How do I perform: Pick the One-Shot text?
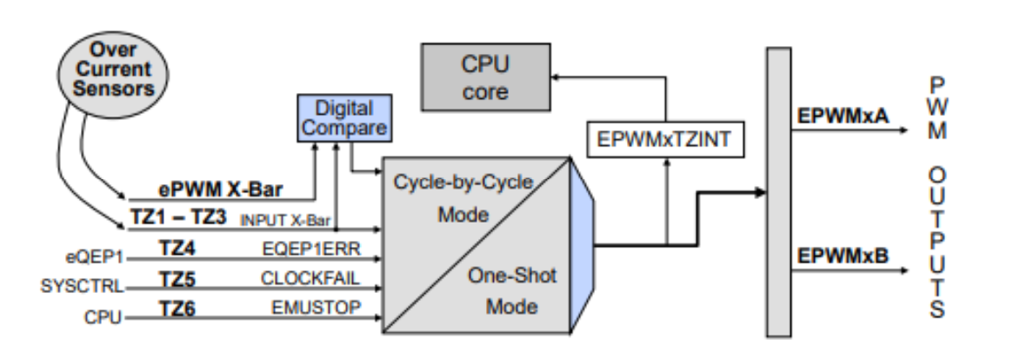click(x=514, y=274)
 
